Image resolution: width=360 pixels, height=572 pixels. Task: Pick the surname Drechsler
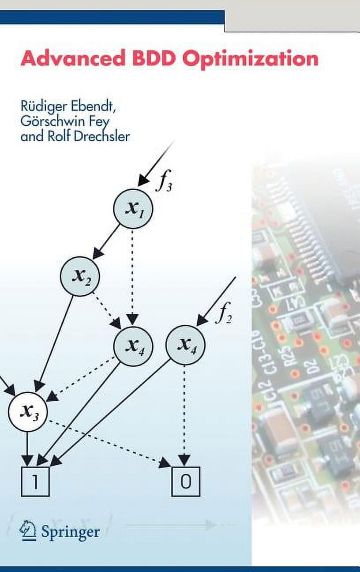click(101, 136)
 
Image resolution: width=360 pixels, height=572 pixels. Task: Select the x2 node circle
click(80, 276)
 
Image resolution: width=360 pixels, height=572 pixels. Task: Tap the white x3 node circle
click(27, 411)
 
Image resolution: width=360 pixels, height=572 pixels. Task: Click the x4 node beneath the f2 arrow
click(185, 345)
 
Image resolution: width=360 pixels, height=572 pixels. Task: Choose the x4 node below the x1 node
click(133, 345)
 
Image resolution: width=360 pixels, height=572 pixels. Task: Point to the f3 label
click(163, 183)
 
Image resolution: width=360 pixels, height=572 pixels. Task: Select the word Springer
click(70, 531)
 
